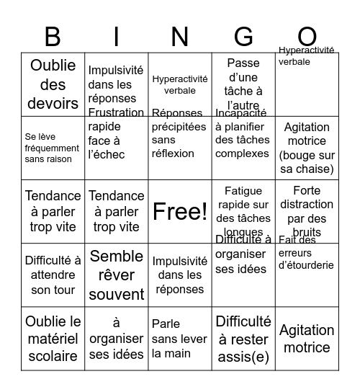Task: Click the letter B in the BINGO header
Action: coord(53,36)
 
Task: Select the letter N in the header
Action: coord(180,36)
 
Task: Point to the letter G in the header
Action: coord(243,36)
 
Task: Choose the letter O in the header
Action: coord(307,36)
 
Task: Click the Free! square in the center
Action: coord(180,211)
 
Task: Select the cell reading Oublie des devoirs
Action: coord(53,84)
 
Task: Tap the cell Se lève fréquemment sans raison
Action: coord(53,147)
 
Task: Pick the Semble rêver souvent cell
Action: coord(116,275)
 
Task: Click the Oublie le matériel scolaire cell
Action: coord(53,338)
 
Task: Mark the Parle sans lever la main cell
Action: coord(180,338)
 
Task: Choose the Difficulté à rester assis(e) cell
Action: coord(243,338)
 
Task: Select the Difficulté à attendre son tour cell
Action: coord(53,275)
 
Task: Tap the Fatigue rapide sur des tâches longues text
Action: coord(243,211)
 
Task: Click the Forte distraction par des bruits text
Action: coord(307,211)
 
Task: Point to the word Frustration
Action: coord(116,112)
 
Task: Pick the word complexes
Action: coord(243,153)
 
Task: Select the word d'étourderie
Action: coord(306,264)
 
